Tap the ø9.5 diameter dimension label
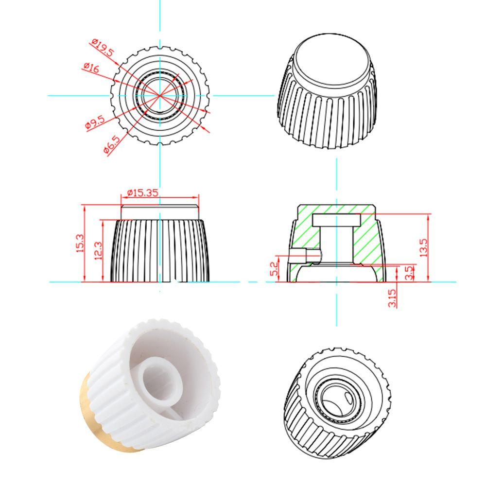point(94,122)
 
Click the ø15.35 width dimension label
point(142,192)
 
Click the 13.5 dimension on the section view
point(423,247)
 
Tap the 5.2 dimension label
point(273,268)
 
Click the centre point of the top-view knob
point(160,95)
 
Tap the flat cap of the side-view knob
point(160,212)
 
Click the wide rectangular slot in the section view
point(336,220)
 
